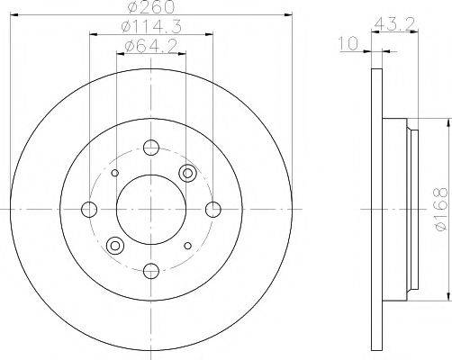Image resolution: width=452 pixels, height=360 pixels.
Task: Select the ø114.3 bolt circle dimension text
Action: pos(149,28)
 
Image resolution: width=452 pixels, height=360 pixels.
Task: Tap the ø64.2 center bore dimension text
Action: pos(149,46)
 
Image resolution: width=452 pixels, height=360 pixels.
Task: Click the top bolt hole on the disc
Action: pos(150,148)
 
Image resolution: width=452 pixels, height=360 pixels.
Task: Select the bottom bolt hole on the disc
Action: pos(150,269)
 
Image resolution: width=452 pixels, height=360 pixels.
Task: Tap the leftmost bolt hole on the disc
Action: pos(89,209)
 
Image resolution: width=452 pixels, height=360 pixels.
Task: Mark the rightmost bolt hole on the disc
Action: pos(212,209)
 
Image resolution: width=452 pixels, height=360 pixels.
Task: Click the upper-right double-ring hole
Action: pos(187,174)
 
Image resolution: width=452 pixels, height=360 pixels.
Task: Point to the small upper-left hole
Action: pos(114,174)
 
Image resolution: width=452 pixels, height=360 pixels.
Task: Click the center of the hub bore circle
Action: pos(150,209)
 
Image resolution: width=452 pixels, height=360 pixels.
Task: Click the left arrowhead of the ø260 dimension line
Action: pos(13,15)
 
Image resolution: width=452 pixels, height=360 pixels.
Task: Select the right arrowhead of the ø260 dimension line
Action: pos(289,15)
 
